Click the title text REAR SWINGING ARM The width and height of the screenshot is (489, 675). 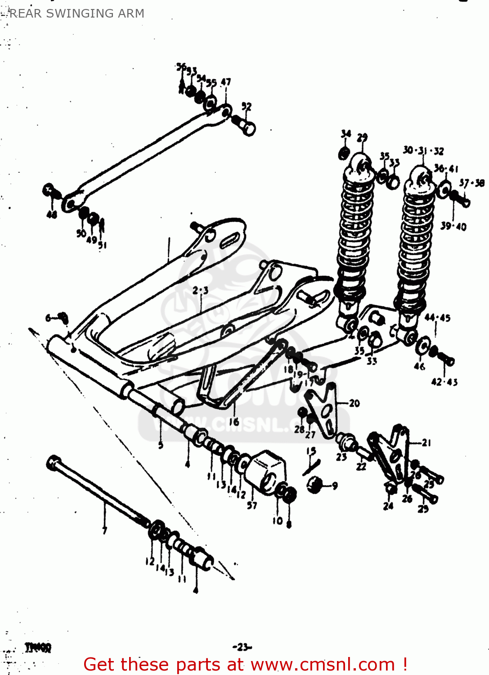[76, 13]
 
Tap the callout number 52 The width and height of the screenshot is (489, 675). [246, 106]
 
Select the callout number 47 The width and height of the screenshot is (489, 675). [226, 82]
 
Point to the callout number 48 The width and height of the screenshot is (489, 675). [52, 215]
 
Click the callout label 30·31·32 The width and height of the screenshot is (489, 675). [423, 150]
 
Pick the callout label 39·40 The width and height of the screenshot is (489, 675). [453, 226]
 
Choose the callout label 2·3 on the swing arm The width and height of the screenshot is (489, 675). [200, 291]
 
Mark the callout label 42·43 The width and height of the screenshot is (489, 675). [444, 382]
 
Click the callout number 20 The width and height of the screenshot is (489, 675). [354, 403]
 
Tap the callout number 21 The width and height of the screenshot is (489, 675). [426, 443]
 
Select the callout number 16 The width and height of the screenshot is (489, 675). [234, 422]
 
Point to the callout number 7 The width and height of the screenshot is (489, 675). [104, 530]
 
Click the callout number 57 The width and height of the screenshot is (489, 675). [252, 505]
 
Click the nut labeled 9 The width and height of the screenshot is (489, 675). [315, 485]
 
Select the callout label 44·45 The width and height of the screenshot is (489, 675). [437, 318]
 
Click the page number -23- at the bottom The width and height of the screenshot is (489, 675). [242, 647]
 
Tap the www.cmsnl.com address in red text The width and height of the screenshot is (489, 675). [322, 665]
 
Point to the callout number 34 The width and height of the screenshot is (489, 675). [345, 134]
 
